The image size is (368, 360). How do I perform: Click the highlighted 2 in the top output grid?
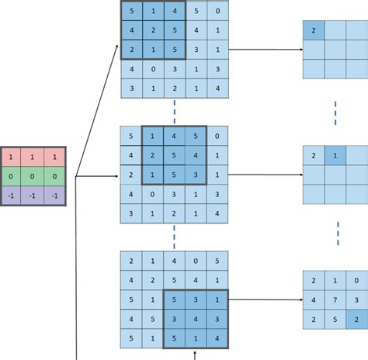313,30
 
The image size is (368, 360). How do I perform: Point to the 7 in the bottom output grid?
334,299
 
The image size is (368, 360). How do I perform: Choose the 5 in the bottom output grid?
334,319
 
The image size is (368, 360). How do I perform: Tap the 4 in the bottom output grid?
313,299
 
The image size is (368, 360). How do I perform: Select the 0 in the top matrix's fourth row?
154,70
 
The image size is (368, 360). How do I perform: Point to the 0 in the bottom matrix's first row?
196,261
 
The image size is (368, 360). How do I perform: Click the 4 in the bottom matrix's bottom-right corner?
218,337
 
